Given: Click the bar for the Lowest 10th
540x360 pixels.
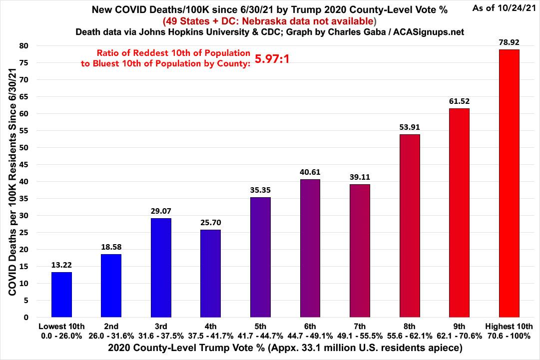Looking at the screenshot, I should (61, 295).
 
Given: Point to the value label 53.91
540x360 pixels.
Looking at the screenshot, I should (410, 127).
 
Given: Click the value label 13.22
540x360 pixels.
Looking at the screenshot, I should (61, 265).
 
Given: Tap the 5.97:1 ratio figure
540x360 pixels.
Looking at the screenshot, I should (272, 60).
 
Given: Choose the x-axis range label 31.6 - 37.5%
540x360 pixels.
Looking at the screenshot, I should (161, 336).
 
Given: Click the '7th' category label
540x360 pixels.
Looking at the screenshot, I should (360, 327).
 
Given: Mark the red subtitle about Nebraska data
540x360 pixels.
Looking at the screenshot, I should (269, 21).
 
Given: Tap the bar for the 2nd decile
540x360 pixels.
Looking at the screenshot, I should (111, 286).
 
